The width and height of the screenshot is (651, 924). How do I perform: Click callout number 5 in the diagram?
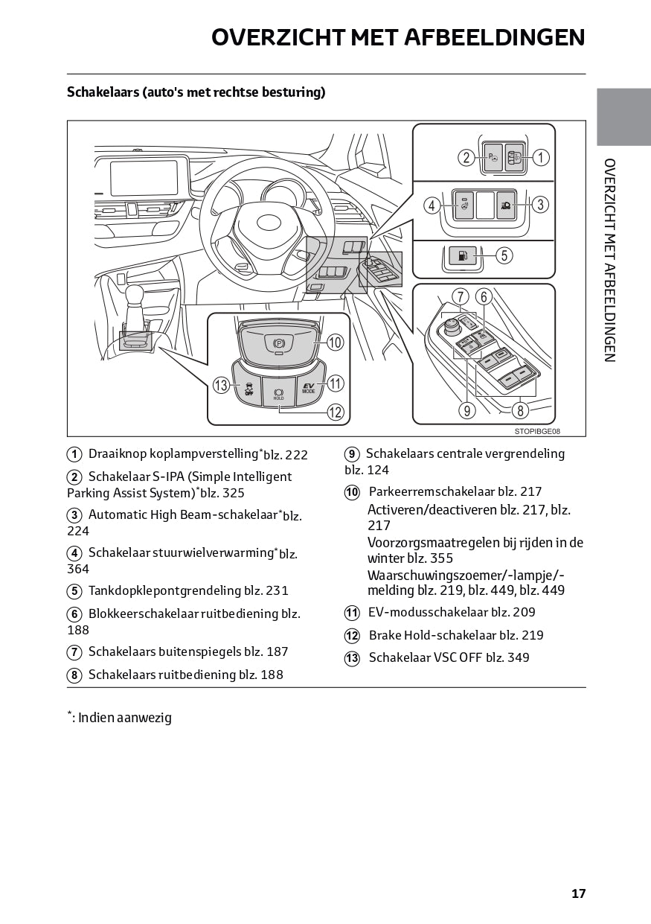[504, 255]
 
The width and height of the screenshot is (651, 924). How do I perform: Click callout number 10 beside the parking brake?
[335, 342]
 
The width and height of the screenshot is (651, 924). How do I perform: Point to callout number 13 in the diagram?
[220, 385]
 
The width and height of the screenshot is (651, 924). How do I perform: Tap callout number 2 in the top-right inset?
[466, 157]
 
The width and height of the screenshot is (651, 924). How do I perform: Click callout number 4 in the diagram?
[432, 205]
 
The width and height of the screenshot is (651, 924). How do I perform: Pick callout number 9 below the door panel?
[467, 410]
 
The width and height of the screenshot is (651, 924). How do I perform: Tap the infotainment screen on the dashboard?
[144, 178]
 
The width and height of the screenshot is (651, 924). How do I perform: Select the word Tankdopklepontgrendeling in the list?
[164, 590]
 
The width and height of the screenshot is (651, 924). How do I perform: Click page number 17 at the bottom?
[578, 893]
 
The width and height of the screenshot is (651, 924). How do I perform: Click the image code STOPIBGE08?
[536, 431]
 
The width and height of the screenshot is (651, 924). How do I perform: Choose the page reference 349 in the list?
[519, 657]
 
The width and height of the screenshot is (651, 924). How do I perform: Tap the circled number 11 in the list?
[352, 613]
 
